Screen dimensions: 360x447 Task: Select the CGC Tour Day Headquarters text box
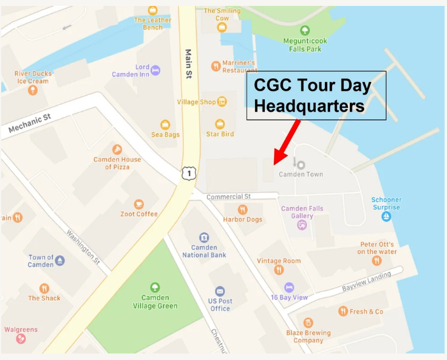(x=316, y=95)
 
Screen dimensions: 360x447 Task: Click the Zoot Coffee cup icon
(x=139, y=204)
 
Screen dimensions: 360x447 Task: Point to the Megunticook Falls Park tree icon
(x=305, y=30)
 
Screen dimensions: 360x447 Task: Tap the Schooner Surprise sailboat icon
(x=386, y=217)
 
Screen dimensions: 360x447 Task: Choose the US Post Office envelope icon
(x=220, y=291)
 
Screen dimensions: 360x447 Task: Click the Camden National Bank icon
(x=204, y=237)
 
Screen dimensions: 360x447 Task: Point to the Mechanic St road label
(x=30, y=124)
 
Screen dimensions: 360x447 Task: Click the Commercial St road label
(x=229, y=196)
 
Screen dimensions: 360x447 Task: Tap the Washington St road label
(x=82, y=247)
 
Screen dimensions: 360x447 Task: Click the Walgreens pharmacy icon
(x=21, y=339)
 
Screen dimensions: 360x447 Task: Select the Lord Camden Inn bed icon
(x=155, y=70)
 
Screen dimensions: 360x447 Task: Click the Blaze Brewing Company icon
(x=308, y=323)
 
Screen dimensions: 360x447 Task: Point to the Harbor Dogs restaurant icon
(x=242, y=210)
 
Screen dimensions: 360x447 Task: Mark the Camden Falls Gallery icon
(x=302, y=225)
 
